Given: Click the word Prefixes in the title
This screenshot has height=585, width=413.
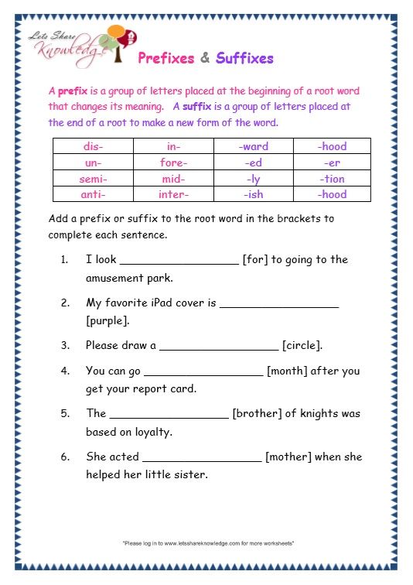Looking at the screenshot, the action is point(166,58).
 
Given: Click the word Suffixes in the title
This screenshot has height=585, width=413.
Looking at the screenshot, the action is point(244,58).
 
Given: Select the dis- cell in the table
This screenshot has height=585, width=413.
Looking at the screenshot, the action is point(93,146).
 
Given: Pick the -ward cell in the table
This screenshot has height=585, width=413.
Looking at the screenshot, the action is point(252,146).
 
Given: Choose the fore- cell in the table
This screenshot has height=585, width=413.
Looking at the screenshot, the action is point(173,162).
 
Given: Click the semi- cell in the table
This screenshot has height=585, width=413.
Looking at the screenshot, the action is point(93,179).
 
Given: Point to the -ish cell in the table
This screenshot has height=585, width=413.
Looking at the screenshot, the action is point(252,195).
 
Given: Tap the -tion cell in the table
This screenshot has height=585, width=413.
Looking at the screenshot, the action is point(332,179).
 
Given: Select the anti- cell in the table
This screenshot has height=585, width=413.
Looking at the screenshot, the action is point(93,195).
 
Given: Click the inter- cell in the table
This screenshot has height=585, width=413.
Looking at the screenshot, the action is point(173,195).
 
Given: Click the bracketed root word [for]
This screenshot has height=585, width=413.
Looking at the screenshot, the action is point(255,260).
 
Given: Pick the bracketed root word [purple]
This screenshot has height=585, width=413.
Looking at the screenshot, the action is point(108,320).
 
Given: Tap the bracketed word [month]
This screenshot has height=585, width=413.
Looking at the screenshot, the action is point(288,371).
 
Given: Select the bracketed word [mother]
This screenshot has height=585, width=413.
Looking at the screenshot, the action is point(288,457).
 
